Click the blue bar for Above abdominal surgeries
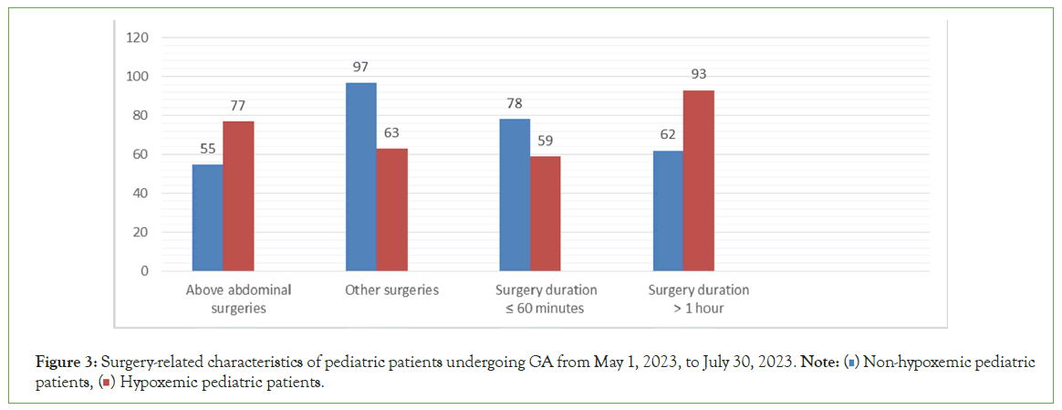207,217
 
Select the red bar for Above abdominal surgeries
238,196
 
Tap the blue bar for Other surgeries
361,177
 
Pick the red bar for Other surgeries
391,209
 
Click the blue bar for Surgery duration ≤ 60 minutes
515,195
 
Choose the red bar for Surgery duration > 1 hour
699,181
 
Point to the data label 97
361,68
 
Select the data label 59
546,142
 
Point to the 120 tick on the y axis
137,37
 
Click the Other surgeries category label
392,290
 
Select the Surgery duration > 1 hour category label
699,299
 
